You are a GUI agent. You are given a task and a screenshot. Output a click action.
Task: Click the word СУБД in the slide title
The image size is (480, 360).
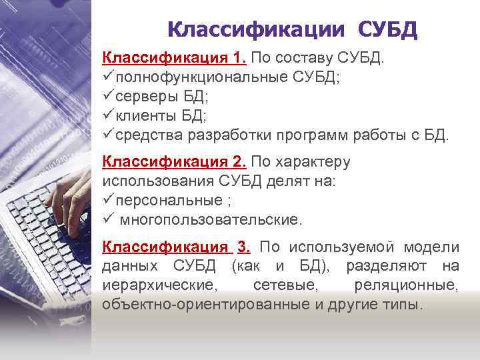[387, 30]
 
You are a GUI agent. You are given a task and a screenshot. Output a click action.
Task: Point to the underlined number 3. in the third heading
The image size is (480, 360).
[244, 247]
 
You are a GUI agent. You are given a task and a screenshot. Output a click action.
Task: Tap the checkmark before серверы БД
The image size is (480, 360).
[108, 97]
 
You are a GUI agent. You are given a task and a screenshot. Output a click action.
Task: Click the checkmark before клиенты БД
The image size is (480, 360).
[108, 116]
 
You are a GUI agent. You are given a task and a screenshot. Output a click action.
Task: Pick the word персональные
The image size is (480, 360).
[169, 199]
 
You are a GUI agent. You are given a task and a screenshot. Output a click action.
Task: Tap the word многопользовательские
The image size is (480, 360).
[211, 219]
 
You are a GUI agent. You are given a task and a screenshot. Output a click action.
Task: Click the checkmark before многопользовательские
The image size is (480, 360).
[108, 218]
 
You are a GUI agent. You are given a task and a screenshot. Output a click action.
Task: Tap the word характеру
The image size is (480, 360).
[311, 161]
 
